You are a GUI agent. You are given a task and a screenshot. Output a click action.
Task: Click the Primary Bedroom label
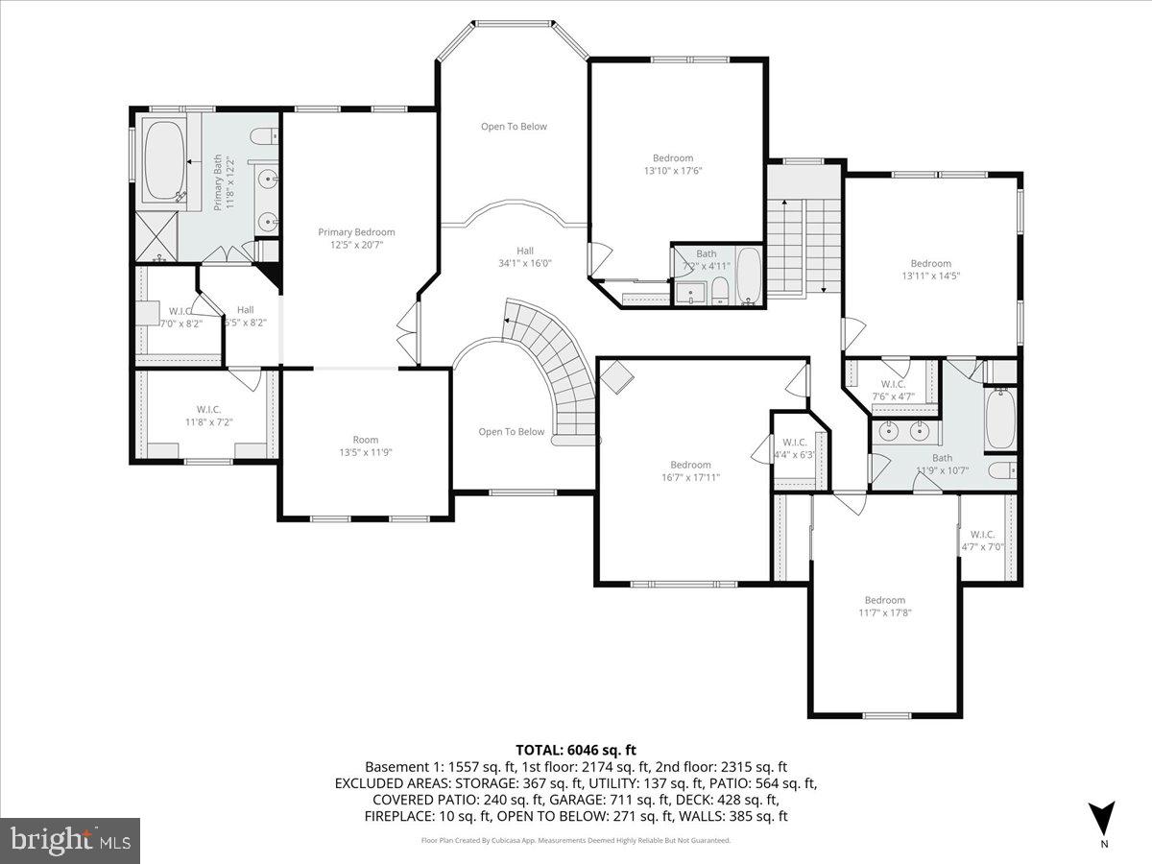coord(356,232)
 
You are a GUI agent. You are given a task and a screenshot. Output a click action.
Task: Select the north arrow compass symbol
coord(1103,819)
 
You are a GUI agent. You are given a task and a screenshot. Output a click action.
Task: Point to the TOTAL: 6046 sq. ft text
coord(576,750)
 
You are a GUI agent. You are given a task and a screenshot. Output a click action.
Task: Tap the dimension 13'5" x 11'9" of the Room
coord(365,452)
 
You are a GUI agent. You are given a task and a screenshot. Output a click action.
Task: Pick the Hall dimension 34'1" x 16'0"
coord(524,263)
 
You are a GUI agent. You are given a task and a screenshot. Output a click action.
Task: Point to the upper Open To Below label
coord(514,127)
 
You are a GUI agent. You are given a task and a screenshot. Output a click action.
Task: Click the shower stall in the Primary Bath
coord(155,236)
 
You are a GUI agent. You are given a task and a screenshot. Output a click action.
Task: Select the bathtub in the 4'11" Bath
coord(748,276)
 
